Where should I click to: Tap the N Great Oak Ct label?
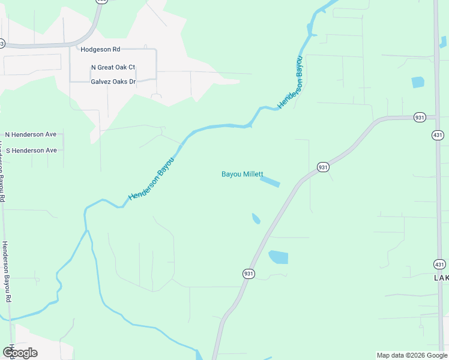coord(113,68)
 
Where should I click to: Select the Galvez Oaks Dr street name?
coord(113,82)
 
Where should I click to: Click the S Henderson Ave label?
coord(31,150)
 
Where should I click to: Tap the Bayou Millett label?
coord(242,175)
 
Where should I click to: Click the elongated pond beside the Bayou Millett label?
coord(270,181)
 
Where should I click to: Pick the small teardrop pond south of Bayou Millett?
coord(256,218)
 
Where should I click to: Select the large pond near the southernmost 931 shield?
coord(279,257)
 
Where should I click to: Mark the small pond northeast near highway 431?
coord(418,82)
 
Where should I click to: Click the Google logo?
coord(20,352)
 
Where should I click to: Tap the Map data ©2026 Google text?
coord(411,355)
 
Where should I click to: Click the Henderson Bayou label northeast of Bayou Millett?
coord(291,83)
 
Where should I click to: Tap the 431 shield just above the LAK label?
coord(439,264)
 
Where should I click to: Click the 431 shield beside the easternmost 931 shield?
coord(438,135)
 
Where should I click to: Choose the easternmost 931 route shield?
coord(420,118)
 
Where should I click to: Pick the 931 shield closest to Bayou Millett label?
coord(323,167)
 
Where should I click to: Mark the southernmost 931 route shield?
coord(249,274)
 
